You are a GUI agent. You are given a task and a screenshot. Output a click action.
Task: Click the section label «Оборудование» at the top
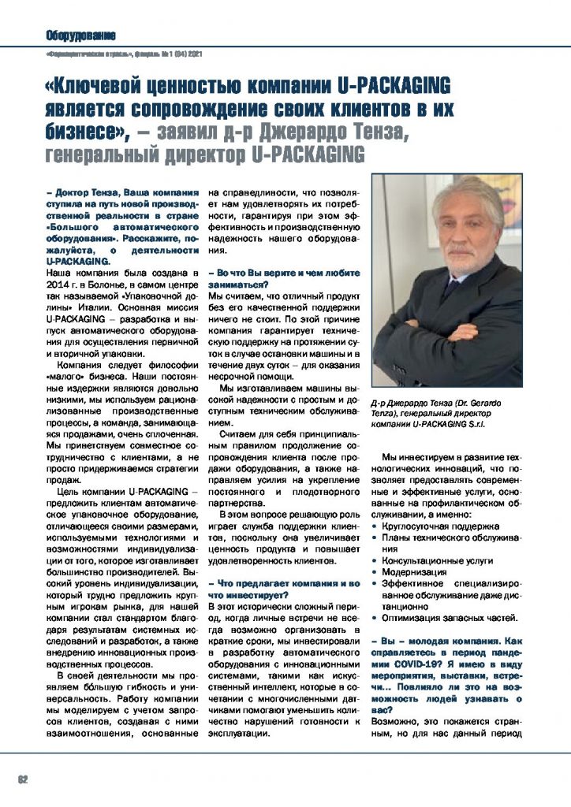click(80, 35)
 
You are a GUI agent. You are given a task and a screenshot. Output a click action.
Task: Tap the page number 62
click(23, 779)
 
